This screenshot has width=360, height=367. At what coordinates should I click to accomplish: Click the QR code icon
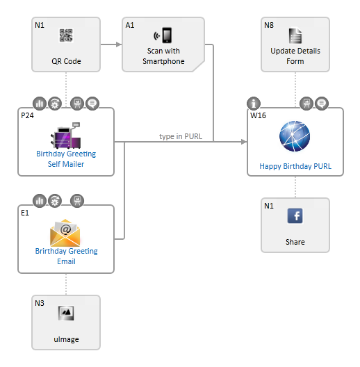click(66, 35)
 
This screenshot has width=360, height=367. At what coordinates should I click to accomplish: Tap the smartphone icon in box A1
click(163, 35)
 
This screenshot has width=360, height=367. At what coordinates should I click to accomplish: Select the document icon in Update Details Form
click(295, 36)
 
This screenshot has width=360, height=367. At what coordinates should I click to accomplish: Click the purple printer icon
click(66, 136)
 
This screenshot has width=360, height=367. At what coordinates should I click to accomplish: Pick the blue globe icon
click(295, 136)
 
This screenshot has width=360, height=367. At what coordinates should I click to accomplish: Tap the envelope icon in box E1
click(65, 232)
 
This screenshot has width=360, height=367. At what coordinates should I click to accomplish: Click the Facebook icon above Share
click(295, 215)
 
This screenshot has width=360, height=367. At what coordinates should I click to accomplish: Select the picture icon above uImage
click(66, 313)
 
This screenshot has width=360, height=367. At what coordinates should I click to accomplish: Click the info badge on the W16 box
click(254, 103)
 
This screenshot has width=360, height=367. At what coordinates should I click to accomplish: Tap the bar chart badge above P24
click(40, 103)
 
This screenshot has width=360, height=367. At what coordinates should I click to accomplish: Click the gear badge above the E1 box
click(55, 201)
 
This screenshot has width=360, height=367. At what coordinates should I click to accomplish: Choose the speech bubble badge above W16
click(322, 103)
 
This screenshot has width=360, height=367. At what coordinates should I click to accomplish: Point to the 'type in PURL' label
click(181, 136)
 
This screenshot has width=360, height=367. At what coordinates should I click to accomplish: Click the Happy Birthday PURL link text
click(295, 166)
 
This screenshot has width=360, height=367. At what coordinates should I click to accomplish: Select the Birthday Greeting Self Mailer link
click(66, 158)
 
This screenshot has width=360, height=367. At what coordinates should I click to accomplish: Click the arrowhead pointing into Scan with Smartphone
click(119, 44)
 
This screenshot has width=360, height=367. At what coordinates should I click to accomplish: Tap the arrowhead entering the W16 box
click(244, 142)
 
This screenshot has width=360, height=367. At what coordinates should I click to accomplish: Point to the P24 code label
click(27, 115)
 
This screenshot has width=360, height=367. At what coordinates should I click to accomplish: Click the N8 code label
click(269, 25)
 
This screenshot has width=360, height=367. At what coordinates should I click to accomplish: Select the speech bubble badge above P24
click(92, 103)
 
